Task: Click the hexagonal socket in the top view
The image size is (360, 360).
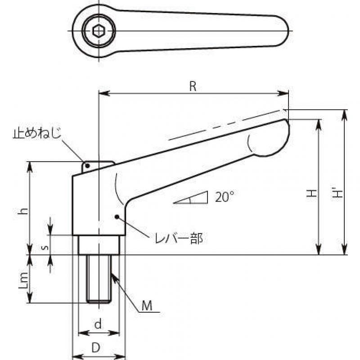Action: [x=99, y=31]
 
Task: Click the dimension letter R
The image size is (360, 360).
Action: [x=193, y=86]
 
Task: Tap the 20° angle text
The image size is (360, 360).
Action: [x=225, y=197]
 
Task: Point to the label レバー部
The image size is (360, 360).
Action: [x=179, y=238]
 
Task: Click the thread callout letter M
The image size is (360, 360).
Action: [x=147, y=306]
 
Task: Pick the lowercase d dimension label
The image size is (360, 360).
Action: [x=98, y=324]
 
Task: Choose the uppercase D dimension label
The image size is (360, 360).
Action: [x=96, y=347]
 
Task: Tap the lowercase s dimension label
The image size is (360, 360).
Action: [x=45, y=247]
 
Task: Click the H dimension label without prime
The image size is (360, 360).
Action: [x=312, y=193]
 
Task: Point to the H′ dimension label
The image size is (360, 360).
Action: [x=337, y=193]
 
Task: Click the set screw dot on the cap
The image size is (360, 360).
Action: [x=87, y=166]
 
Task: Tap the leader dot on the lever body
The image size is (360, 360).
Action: [x=117, y=216]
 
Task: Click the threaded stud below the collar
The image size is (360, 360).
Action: [x=99, y=279]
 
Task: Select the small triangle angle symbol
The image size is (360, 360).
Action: [x=190, y=198]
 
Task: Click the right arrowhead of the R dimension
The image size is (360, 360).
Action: [x=283, y=94]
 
